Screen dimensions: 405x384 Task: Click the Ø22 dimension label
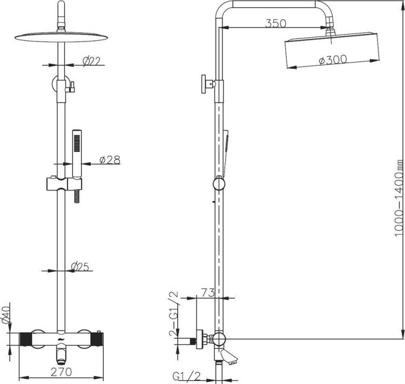[91, 61]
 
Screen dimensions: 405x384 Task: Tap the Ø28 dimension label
[110, 160]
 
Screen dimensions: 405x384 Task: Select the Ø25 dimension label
[80, 266]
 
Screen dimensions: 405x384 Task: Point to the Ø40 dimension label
[6, 314]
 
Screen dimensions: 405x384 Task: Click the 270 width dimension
[61, 372]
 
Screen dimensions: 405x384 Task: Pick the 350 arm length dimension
[276, 23]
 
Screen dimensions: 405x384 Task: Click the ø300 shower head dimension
[333, 60]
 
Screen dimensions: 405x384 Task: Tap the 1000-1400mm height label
[399, 201]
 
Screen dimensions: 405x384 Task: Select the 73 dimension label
[208, 293]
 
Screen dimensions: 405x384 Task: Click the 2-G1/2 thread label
[174, 313]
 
